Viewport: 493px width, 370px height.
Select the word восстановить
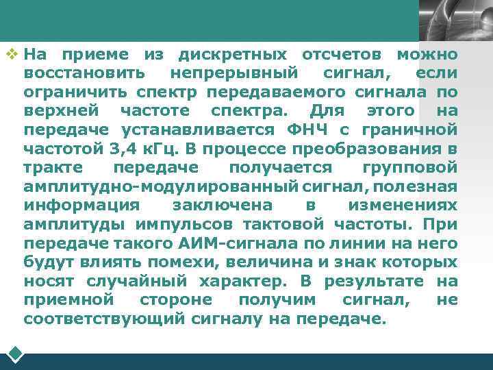84,73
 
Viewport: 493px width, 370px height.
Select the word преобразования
370,148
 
